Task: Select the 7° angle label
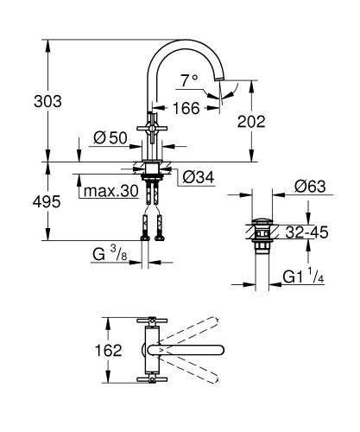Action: tap(188, 79)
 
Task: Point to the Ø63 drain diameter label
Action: tap(308, 184)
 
